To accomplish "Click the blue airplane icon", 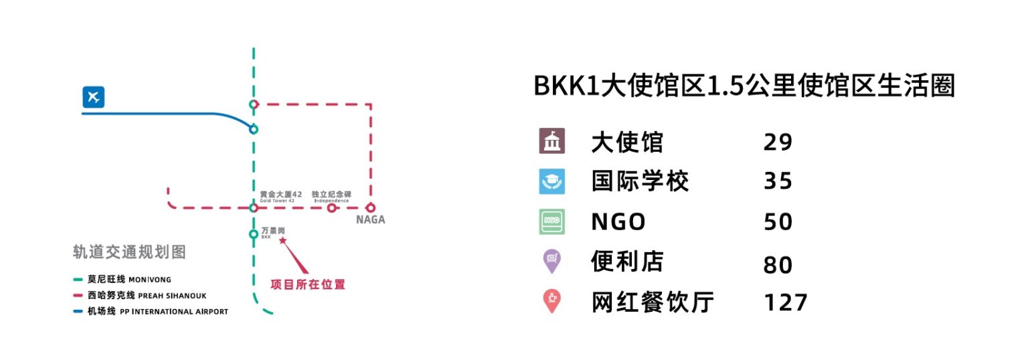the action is [93, 97].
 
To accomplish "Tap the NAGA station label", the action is [370, 219].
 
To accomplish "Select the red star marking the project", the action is [282, 240].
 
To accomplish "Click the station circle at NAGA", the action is [370, 207].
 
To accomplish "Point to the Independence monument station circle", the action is [331, 207].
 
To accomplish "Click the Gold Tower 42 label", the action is [281, 196].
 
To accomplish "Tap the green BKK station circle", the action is [254, 234].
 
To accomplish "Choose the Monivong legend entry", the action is [122, 279].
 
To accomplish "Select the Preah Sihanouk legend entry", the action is [139, 295].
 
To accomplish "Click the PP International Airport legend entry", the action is [151, 311].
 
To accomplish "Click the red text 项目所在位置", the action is [307, 284].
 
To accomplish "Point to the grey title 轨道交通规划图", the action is [129, 252].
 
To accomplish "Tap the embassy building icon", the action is [551, 141].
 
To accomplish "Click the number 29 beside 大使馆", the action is [778, 142].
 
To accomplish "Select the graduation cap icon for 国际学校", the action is [551, 181].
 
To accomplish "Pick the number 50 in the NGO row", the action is [778, 222].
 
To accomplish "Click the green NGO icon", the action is [551, 221].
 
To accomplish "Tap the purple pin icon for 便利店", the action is [551, 260].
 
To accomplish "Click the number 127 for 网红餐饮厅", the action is [785, 302].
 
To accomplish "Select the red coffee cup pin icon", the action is [551, 300].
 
